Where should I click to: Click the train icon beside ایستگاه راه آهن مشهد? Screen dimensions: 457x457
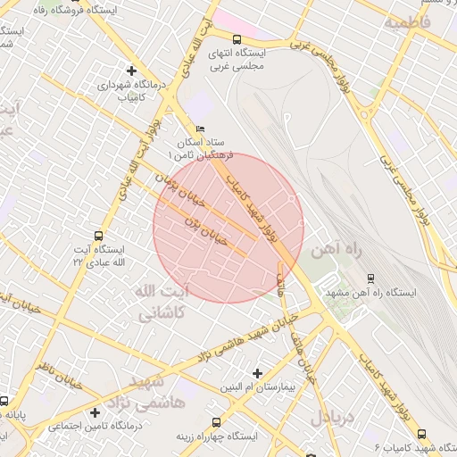click(x=371, y=278)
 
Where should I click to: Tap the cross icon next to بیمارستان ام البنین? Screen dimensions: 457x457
click(x=258, y=373)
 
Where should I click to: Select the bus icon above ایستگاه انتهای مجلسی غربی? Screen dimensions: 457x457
click(x=237, y=39)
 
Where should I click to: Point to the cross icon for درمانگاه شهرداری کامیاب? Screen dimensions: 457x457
click(x=132, y=70)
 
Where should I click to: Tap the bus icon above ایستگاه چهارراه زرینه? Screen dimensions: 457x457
click(x=213, y=421)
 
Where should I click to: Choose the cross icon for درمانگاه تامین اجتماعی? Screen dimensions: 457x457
click(x=95, y=412)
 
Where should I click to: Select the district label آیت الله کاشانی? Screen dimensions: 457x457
click(x=161, y=303)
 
